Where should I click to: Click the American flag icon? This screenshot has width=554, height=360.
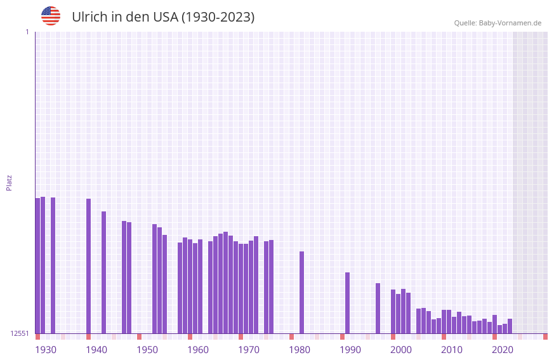[x=51, y=16]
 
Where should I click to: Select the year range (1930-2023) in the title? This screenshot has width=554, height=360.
[x=218, y=17]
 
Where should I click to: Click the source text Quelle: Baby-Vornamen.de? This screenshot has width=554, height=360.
[x=498, y=23]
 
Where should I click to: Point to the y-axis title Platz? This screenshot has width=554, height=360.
[x=9, y=182]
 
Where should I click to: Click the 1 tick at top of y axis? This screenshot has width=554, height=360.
[x=27, y=32]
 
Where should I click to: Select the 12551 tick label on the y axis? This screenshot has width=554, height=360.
[x=20, y=333]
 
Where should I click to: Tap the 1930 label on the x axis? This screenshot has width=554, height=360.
[x=46, y=350]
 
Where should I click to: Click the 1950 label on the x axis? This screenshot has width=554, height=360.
[x=147, y=350]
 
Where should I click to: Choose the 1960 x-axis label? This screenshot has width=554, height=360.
[x=198, y=350]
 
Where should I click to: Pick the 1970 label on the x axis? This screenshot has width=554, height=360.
[x=249, y=350]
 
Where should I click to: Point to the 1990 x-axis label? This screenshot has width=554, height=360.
[x=350, y=350]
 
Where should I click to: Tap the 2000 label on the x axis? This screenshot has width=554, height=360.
[x=401, y=350]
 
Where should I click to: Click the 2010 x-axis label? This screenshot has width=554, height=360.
[x=452, y=350]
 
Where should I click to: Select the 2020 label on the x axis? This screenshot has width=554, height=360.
[x=503, y=350]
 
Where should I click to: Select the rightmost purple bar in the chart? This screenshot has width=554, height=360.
[x=510, y=326]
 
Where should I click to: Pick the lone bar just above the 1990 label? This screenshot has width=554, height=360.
[x=347, y=303]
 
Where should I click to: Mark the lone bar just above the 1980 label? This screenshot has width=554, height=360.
[x=301, y=292]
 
